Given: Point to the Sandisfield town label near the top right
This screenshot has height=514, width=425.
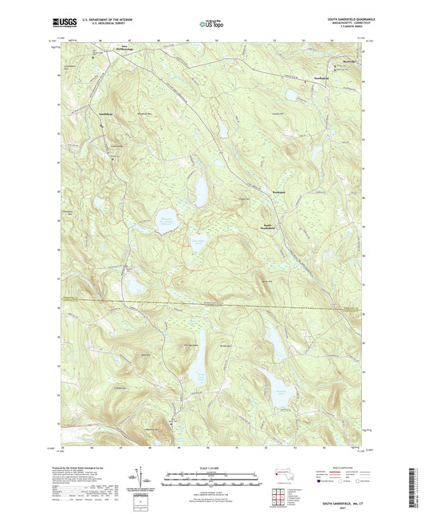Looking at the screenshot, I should (x=321, y=77).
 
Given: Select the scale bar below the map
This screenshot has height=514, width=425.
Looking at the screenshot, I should (x=211, y=480).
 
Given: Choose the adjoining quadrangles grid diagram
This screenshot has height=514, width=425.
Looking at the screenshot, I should (x=279, y=496).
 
